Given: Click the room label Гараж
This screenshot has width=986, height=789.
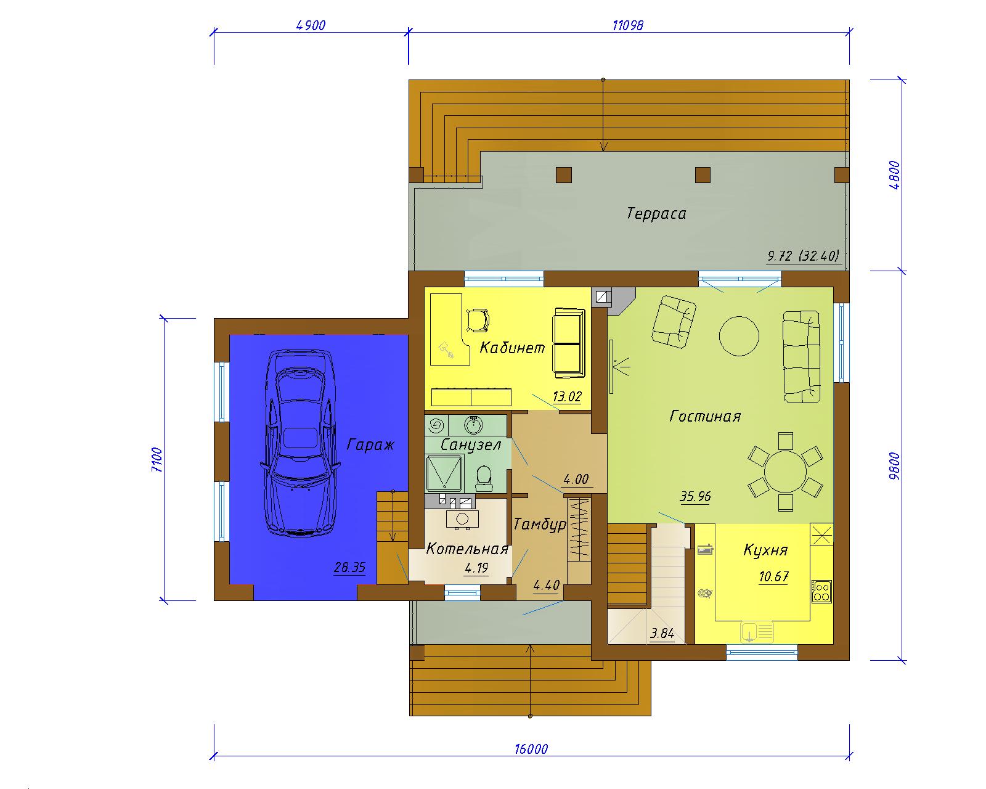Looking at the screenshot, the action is [x=370, y=445].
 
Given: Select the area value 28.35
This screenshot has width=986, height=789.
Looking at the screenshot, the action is [x=349, y=568].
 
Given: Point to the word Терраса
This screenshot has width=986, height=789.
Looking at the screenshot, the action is [x=656, y=214].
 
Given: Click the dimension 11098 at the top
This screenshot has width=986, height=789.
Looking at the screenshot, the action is [x=628, y=25].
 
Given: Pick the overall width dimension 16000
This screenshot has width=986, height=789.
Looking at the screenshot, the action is [x=531, y=749].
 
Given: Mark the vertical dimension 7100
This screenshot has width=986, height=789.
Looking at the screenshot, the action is [x=157, y=460].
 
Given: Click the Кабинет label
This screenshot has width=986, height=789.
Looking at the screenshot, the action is [x=512, y=348].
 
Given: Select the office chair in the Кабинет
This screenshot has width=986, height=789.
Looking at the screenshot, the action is [x=477, y=320].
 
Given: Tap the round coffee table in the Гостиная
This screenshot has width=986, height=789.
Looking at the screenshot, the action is [x=739, y=336].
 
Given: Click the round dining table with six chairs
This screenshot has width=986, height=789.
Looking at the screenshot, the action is [x=785, y=472].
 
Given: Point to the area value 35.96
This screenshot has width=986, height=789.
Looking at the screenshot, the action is [x=695, y=496].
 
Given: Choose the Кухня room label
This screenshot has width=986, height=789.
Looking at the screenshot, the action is [x=765, y=550].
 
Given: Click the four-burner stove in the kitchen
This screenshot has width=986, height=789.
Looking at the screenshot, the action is [x=821, y=591].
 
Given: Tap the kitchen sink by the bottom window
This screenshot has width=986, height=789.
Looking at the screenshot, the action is [x=757, y=632].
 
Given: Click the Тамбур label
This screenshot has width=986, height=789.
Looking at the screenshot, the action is [x=540, y=525].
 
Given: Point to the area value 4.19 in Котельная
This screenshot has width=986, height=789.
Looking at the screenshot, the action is [x=476, y=568].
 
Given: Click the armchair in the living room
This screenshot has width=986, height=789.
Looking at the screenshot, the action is [x=674, y=321].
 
